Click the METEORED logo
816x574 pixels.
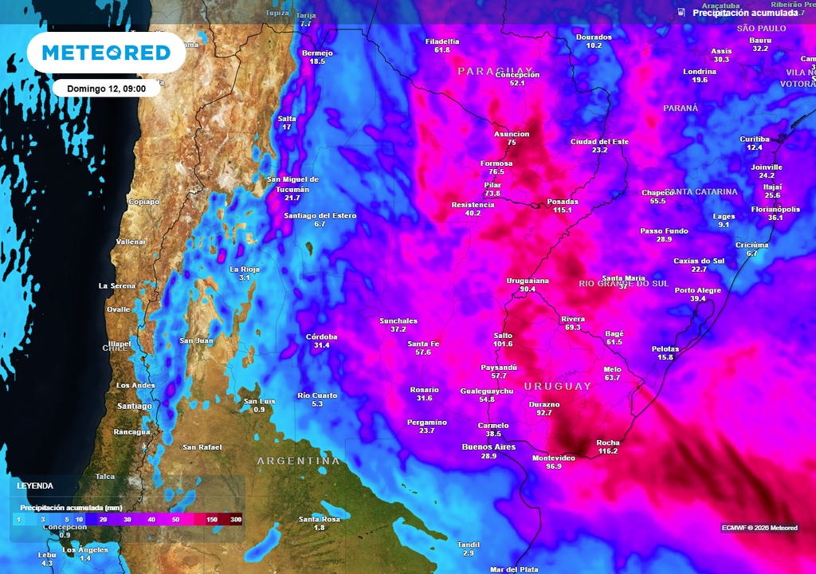click(x=106, y=53)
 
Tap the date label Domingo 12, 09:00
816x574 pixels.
click(x=106, y=88)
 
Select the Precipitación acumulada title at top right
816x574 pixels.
click(x=744, y=13)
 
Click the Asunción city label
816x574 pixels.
click(x=512, y=134)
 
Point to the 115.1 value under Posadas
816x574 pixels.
click(x=563, y=210)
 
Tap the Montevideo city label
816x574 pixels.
click(x=553, y=458)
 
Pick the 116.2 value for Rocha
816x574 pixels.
click(x=607, y=451)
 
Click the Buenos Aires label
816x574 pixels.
click(x=489, y=447)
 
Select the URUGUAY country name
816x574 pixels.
click(x=558, y=387)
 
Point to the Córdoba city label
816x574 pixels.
click(x=322, y=336)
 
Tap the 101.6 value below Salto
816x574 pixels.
click(x=503, y=344)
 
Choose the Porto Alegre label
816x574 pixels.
click(x=698, y=290)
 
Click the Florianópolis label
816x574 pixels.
click(x=775, y=209)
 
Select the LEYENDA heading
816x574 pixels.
click(x=36, y=486)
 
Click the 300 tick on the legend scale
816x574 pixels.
click(x=236, y=520)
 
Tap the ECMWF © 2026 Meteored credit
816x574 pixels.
click(x=759, y=528)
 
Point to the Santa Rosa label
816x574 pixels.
click(x=320, y=519)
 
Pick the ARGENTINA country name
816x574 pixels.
click(x=298, y=462)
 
